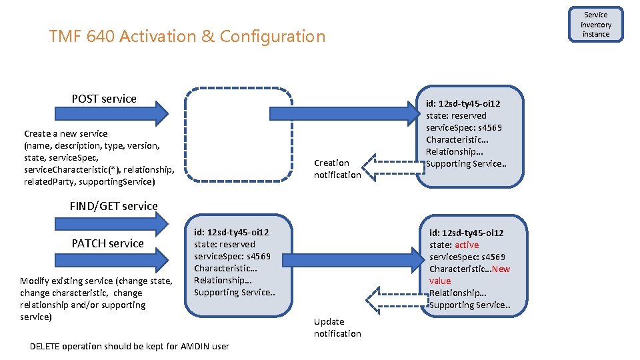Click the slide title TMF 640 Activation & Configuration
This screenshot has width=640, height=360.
tap(187, 36)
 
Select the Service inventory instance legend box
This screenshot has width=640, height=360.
tap(595, 25)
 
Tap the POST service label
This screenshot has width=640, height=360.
tap(104, 99)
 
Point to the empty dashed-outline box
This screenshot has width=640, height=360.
tap(239, 135)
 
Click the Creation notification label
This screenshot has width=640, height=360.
tap(337, 169)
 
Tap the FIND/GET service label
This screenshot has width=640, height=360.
tap(113, 206)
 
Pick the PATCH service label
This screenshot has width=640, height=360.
tap(107, 243)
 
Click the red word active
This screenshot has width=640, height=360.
tap(467, 245)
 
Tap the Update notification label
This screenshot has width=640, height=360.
tap(337, 327)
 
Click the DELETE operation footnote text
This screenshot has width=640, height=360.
tap(130, 346)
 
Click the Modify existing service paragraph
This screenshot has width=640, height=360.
tap(96, 299)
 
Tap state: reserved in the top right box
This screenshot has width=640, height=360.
tap(456, 115)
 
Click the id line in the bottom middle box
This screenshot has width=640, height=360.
tap(231, 233)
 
